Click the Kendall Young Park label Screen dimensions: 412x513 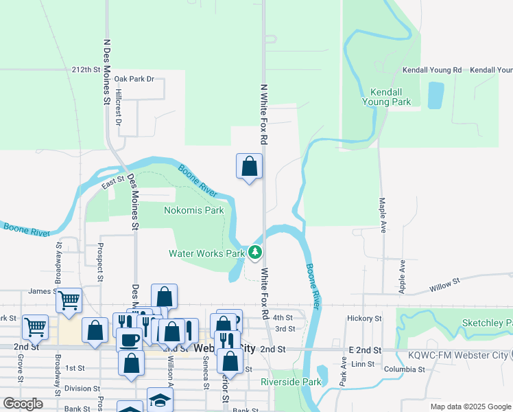[390, 97]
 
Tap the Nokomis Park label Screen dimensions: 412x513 [194, 210]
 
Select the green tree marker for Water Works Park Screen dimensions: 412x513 [255, 253]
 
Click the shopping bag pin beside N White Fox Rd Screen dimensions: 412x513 [250, 167]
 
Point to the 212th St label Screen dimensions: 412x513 [86, 70]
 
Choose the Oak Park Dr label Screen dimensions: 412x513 [134, 79]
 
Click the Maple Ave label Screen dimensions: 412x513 [382, 215]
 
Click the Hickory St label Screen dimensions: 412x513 [364, 319]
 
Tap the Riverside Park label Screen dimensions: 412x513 [291, 382]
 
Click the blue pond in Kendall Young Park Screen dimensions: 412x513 [436, 95]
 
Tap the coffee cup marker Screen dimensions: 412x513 [129, 340]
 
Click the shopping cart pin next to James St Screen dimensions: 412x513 [69, 300]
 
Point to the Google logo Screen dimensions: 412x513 [23, 404]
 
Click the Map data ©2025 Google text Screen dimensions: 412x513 [470, 407]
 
